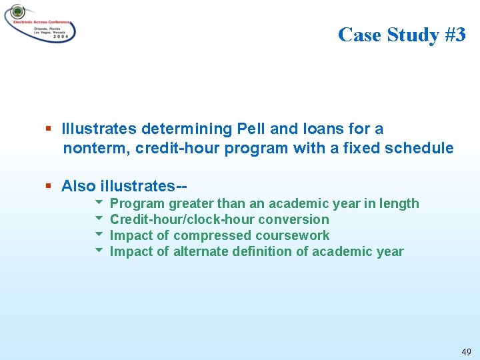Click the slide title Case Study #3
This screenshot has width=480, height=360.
[x=401, y=34]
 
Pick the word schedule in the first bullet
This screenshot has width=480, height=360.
[x=419, y=148]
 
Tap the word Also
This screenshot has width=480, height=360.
[x=79, y=186]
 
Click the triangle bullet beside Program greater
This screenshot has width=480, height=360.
[x=99, y=203]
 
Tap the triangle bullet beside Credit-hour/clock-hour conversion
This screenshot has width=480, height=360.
[x=99, y=219]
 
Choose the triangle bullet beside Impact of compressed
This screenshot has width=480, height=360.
[x=99, y=235]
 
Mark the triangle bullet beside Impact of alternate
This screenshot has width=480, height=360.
[x=99, y=251]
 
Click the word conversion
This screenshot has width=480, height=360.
[x=293, y=219]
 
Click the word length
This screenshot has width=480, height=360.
[x=399, y=203]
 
